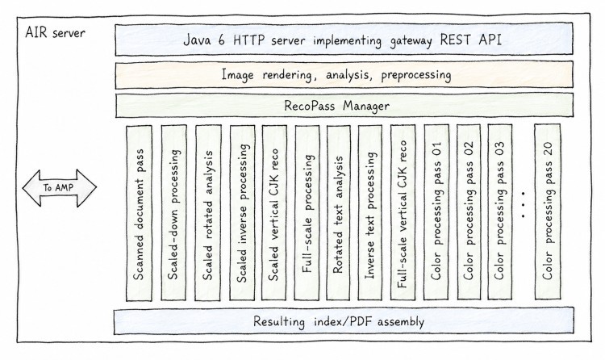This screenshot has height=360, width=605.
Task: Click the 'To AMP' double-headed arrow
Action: [60, 188]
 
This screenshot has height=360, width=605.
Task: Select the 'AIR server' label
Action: [55, 33]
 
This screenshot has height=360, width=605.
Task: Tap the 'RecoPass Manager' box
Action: [344, 106]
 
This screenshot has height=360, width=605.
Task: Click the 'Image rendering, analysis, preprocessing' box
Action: [344, 74]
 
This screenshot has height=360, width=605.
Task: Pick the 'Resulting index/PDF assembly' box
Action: [344, 321]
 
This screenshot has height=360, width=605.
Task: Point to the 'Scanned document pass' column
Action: [139, 213]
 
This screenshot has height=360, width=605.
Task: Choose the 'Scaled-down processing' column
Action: [173, 213]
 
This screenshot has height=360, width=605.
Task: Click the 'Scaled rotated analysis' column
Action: [208, 213]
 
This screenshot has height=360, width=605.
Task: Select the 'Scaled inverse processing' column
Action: [242, 213]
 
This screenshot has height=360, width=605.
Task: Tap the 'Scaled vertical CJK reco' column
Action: [274, 213]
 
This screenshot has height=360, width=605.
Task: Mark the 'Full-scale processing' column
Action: [307, 213]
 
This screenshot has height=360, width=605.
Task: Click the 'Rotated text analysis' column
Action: [338, 213]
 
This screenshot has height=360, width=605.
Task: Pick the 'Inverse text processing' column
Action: [370, 213]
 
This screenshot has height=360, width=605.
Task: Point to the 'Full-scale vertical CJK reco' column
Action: [403, 213]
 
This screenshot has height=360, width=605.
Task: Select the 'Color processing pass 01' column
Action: [436, 212]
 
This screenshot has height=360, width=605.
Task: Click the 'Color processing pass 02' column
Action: [469, 212]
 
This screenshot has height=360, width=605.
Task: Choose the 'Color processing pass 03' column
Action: [499, 212]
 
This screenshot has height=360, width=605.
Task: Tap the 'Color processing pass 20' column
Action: [548, 211]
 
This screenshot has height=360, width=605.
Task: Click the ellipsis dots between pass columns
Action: [523, 204]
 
